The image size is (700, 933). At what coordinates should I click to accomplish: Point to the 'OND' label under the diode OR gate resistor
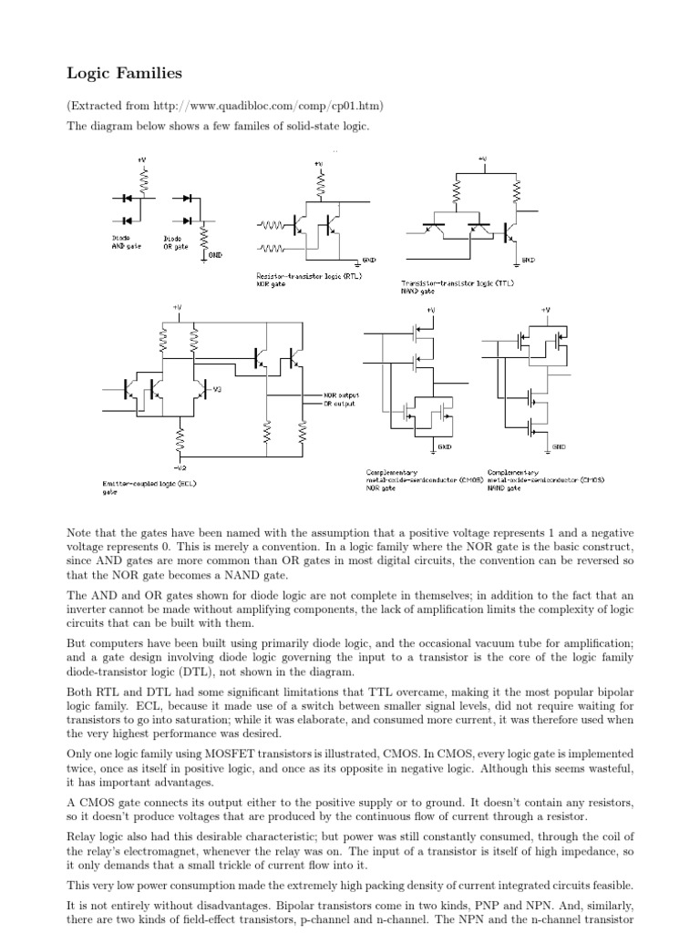[215, 255]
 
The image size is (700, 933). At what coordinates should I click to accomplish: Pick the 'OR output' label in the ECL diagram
[340, 404]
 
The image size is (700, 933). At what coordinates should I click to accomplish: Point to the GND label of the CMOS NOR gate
[445, 447]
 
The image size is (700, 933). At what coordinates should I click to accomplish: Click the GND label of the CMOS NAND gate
[558, 447]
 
